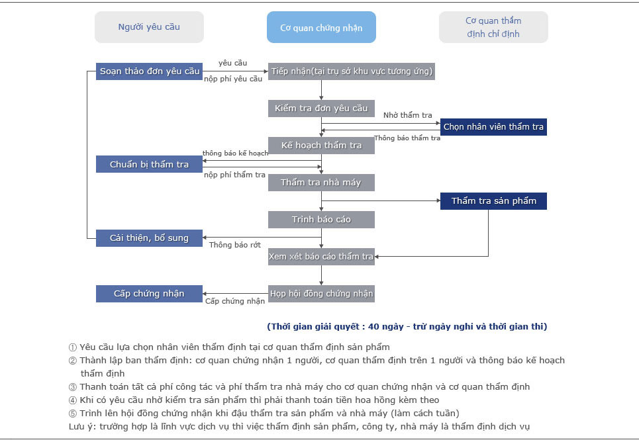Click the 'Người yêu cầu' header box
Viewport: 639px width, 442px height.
pyautogui.click(x=149, y=27)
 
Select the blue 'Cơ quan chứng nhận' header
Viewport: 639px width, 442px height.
pyautogui.click(x=321, y=27)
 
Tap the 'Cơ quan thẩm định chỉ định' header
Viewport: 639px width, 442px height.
pyautogui.click(x=493, y=27)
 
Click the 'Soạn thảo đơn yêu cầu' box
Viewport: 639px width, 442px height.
pyautogui.click(x=149, y=71)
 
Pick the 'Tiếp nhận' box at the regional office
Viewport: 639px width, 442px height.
pyautogui.click(x=352, y=71)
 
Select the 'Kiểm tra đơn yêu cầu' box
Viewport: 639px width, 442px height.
pyautogui.click(x=321, y=109)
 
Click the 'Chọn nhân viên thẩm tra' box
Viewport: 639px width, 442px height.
pyautogui.click(x=493, y=126)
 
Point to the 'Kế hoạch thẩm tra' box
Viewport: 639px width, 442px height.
pyautogui.click(x=321, y=146)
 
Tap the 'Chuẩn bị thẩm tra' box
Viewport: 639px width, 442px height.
pyautogui.click(x=149, y=164)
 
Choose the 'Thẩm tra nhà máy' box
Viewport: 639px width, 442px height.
pyautogui.click(x=321, y=183)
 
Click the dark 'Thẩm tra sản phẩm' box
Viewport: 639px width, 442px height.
pyautogui.click(x=493, y=201)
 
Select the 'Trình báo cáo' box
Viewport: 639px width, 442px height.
pyautogui.click(x=321, y=220)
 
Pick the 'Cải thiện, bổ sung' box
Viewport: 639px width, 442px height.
pyautogui.click(x=149, y=238)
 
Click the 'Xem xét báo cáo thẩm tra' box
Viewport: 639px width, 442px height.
pyautogui.click(x=321, y=257)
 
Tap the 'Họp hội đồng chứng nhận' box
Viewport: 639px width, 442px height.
pyautogui.click(x=321, y=294)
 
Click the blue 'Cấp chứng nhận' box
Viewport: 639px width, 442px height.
pyautogui.click(x=149, y=294)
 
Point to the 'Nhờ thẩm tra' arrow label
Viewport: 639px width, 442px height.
pyautogui.click(x=407, y=115)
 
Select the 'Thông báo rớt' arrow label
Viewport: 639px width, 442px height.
pyautogui.click(x=234, y=245)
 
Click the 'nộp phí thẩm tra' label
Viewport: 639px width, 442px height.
pyautogui.click(x=234, y=175)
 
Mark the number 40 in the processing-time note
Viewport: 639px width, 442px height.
pyautogui.click(x=373, y=327)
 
